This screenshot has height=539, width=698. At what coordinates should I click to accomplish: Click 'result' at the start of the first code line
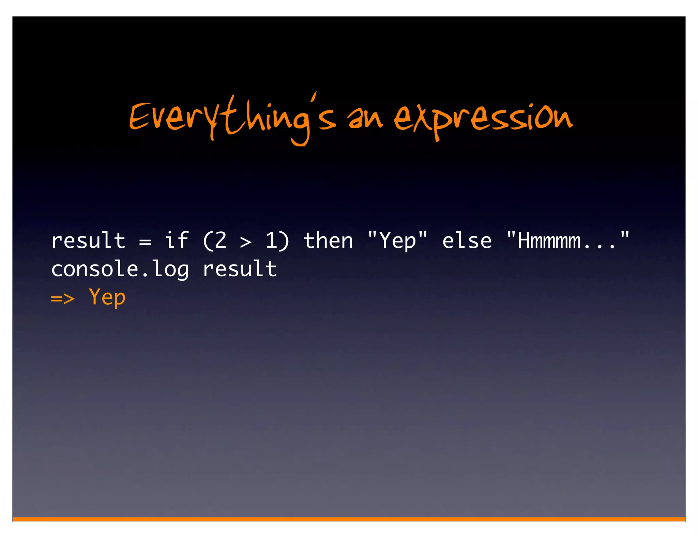point(88,241)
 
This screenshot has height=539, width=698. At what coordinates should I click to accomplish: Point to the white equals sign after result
point(145,242)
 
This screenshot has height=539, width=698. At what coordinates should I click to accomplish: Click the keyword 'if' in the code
point(176,240)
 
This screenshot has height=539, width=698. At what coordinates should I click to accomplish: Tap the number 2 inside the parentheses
point(221,241)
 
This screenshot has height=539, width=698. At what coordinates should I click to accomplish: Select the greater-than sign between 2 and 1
point(245,242)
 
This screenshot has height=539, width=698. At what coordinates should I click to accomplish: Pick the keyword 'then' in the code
point(328,241)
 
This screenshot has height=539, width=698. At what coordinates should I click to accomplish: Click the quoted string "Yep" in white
point(397,241)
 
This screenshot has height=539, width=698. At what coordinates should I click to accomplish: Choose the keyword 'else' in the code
point(467,241)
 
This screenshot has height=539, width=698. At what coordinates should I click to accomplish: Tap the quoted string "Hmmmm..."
point(567,241)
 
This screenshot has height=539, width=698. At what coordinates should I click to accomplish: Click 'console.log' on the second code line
point(120,269)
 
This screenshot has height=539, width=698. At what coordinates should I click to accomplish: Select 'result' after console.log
point(240,269)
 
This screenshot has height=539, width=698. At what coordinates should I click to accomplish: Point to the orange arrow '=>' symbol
point(63,298)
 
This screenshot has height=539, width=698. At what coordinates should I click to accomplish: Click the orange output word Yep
point(107,297)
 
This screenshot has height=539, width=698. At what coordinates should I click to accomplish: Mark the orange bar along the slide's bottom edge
point(349,519)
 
